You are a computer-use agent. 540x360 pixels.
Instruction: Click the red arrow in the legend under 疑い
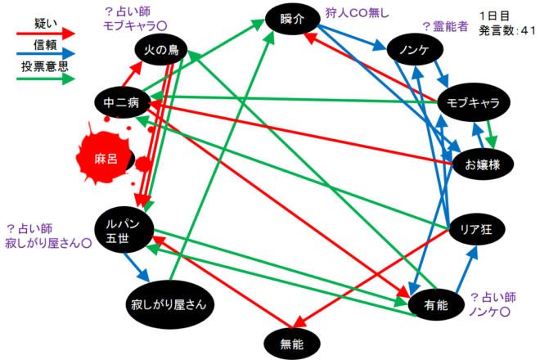(44, 34)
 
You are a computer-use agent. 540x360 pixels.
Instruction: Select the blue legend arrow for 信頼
(44, 56)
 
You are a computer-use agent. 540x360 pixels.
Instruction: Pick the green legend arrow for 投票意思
(44, 79)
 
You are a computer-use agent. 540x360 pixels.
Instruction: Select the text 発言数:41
(504, 31)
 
